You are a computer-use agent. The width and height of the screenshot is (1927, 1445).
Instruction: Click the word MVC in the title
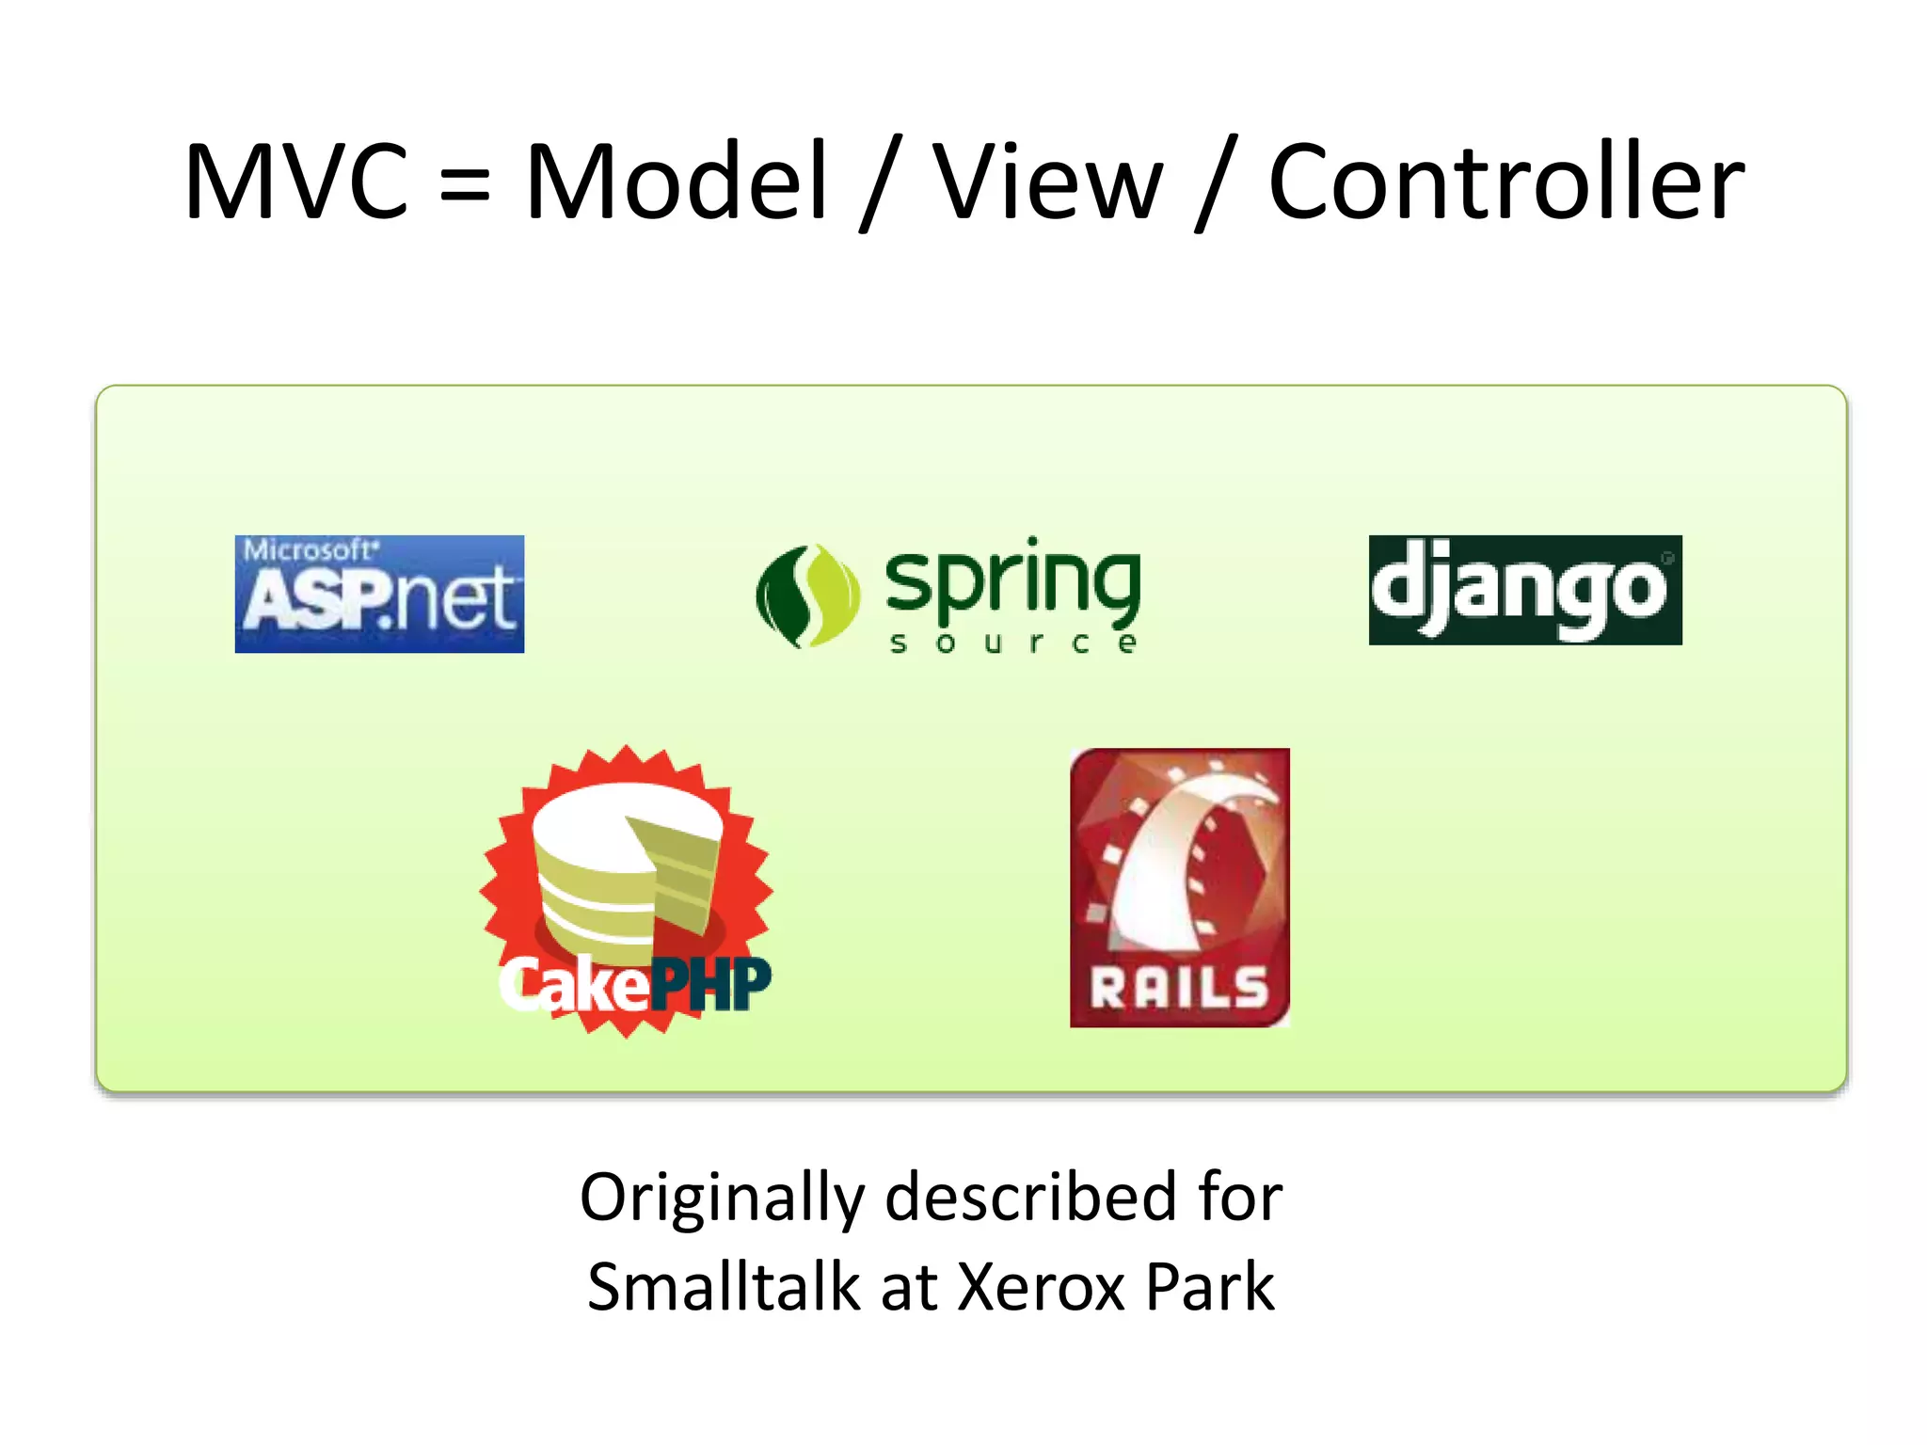(x=295, y=181)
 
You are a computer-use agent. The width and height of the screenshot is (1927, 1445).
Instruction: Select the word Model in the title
(x=676, y=181)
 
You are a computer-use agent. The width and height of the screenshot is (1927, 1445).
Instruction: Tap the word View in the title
(x=1047, y=181)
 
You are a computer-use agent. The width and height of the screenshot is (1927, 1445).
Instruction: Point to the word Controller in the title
(x=1505, y=181)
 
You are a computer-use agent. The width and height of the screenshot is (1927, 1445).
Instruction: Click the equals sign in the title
(x=465, y=183)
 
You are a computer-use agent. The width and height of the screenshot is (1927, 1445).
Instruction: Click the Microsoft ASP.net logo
(x=379, y=594)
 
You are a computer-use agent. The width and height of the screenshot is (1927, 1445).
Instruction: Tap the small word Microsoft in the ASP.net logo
(x=310, y=548)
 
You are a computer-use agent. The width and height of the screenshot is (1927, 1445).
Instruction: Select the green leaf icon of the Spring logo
(x=807, y=595)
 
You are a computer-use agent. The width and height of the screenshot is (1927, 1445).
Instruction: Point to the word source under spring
(x=1012, y=643)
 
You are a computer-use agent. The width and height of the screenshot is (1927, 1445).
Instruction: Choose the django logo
(x=1524, y=590)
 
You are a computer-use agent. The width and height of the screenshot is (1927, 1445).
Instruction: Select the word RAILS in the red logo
(x=1179, y=989)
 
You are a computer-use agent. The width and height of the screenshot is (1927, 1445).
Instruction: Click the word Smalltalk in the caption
(x=723, y=1287)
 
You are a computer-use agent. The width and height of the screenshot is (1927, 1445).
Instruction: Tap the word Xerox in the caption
(x=1041, y=1287)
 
